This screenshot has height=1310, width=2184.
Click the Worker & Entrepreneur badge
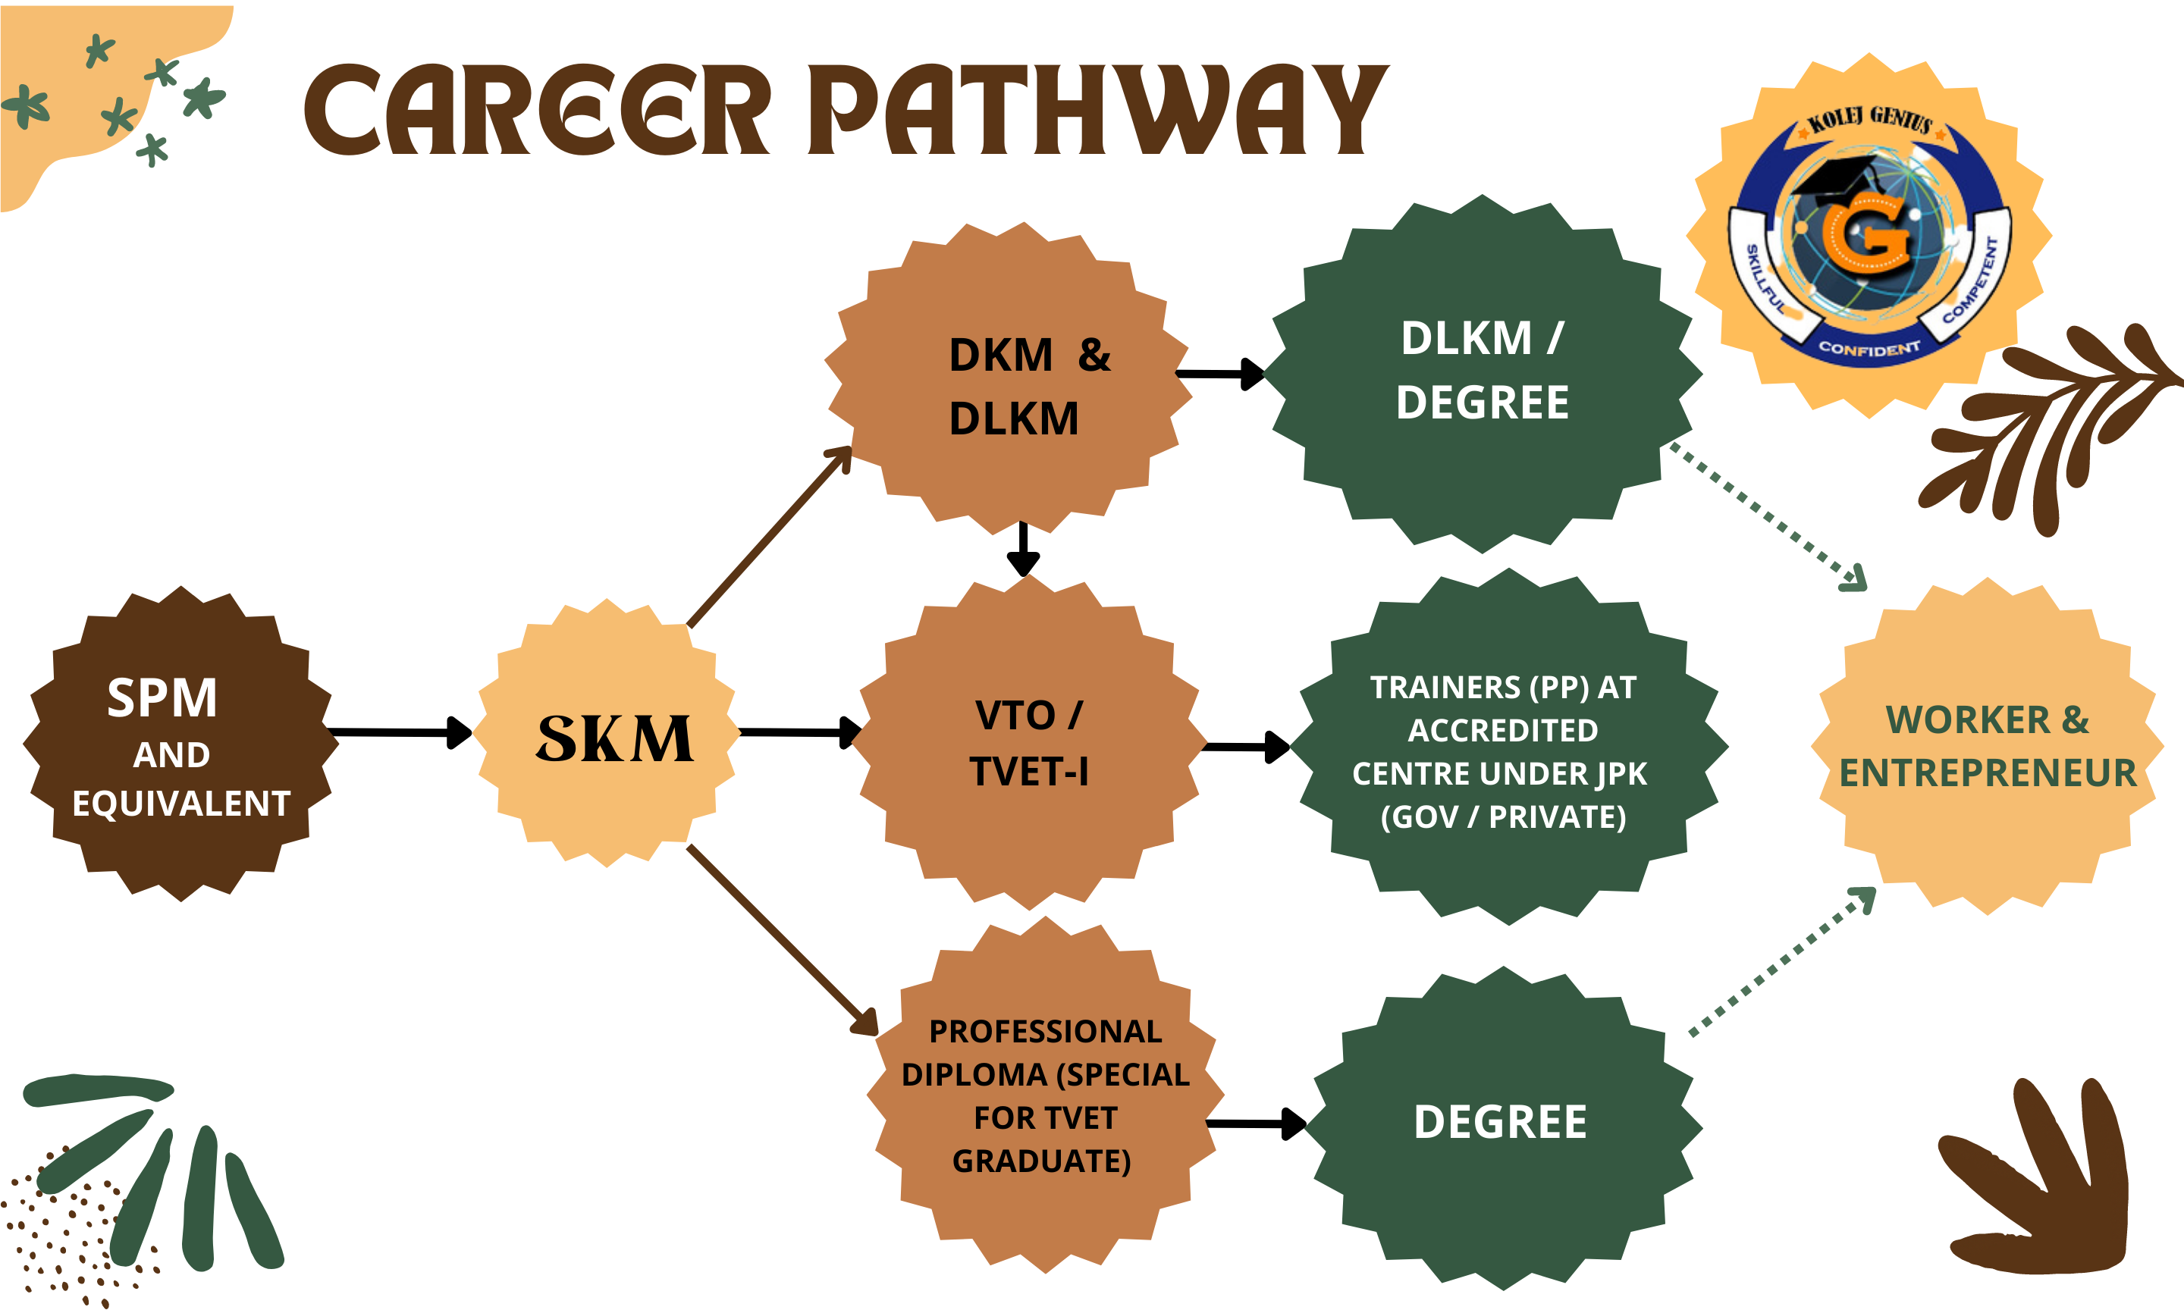(1987, 747)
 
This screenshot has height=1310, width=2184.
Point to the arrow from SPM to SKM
(397, 732)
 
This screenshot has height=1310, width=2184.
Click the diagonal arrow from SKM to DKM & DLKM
(768, 538)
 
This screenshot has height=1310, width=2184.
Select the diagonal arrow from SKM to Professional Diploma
(781, 940)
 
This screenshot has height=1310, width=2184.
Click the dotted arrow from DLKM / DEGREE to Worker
(1765, 516)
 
